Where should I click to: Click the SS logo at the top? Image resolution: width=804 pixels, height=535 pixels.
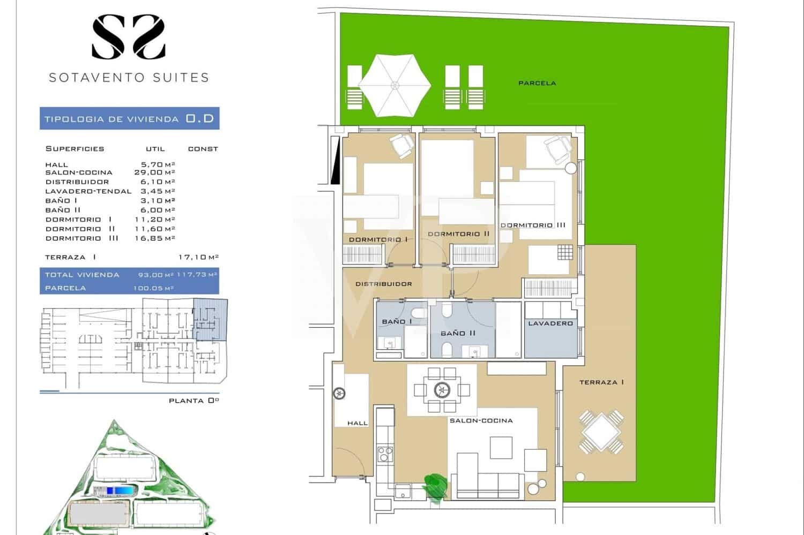click(129, 36)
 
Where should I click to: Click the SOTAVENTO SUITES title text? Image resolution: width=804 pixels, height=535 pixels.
click(129, 78)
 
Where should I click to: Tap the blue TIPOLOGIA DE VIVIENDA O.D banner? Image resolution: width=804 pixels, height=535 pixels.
click(129, 118)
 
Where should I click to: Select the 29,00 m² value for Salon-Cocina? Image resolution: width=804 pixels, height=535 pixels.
click(154, 172)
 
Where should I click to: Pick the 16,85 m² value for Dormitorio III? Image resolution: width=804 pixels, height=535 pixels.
click(154, 238)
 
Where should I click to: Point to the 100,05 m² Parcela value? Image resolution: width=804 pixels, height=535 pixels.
click(153, 288)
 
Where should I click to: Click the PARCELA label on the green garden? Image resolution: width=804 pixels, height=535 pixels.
click(537, 83)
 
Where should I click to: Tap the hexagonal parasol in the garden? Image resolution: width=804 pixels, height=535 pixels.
click(395, 85)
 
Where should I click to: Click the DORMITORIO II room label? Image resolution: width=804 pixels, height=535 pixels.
click(458, 234)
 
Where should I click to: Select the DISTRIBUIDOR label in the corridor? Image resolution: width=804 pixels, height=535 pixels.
click(384, 284)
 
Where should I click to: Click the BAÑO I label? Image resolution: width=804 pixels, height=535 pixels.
click(393, 322)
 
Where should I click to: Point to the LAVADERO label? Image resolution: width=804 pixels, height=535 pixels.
click(550, 323)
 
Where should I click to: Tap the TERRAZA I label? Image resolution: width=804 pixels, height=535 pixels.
click(601, 382)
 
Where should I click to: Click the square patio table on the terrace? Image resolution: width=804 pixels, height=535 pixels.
click(601, 432)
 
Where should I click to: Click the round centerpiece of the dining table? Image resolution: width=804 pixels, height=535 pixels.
click(442, 390)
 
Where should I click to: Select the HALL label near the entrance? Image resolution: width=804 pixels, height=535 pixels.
click(358, 423)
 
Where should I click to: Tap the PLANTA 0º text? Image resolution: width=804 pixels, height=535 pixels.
click(193, 401)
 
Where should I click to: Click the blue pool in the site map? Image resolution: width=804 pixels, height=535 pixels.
click(119, 490)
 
